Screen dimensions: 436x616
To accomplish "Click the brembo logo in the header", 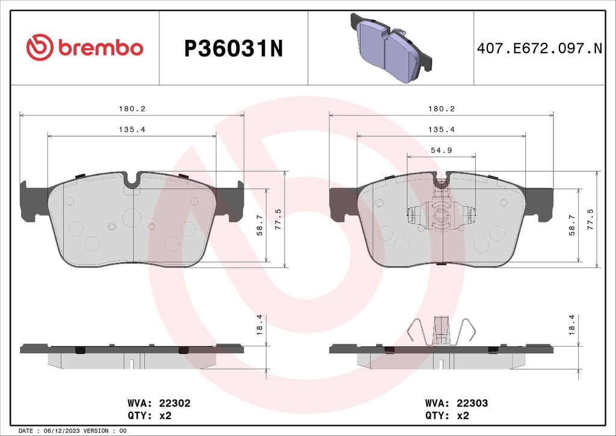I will [84, 48].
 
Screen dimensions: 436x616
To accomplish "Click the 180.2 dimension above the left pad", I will [132, 108].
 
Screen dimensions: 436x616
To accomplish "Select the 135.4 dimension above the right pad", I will [441, 129].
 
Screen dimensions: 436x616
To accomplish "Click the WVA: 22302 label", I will [159, 403].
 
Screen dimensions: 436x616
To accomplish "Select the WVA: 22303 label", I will [456, 403].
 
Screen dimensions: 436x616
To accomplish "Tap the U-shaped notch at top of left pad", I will [132, 179].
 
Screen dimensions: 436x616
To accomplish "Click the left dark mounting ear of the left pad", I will [33, 199].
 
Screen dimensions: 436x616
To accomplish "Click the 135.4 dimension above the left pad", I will [132, 129].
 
